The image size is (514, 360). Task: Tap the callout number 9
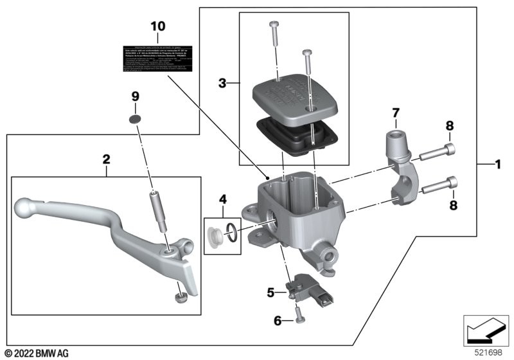click(x=135, y=96)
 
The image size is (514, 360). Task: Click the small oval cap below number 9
click(x=136, y=120)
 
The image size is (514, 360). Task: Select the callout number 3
click(x=222, y=83)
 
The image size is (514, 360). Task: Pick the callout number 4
click(x=222, y=199)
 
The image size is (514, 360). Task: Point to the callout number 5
click(x=272, y=292)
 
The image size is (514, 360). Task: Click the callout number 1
click(x=497, y=165)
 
